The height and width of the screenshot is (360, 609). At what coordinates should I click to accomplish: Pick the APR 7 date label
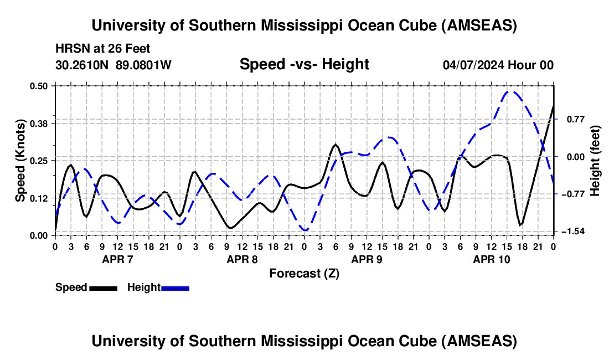117,259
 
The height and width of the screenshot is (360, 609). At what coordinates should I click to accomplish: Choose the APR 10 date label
491,259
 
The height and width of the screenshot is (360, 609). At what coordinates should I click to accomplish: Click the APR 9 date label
367,259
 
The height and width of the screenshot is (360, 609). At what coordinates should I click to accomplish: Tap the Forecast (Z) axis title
304,273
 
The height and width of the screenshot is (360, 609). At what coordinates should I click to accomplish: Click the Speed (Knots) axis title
20,161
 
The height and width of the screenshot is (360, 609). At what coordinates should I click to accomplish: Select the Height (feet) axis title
595,161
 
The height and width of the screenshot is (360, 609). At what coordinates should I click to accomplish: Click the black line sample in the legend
103,288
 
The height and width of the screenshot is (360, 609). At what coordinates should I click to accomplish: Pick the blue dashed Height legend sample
175,288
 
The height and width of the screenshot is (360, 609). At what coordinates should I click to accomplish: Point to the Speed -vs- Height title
304,64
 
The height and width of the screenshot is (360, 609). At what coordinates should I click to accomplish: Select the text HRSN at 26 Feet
102,49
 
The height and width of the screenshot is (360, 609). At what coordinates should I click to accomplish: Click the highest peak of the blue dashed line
511,92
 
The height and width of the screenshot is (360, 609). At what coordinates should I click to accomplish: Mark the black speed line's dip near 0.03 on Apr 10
521,224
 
